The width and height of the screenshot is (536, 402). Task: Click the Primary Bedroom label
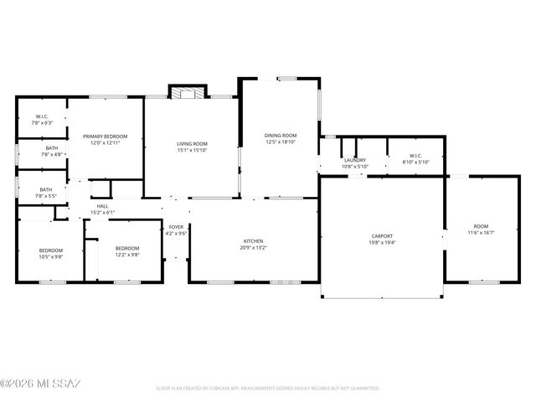pyautogui.click(x=105, y=136)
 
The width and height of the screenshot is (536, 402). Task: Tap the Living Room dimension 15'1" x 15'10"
pyautogui.click(x=192, y=151)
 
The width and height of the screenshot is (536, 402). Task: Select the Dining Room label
pyautogui.click(x=281, y=136)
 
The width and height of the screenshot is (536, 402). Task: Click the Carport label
pyautogui.click(x=382, y=236)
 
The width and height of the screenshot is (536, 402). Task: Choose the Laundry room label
pyautogui.click(x=354, y=160)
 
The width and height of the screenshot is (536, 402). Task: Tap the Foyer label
pyautogui.click(x=176, y=227)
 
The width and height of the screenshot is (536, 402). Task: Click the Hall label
pyautogui.click(x=102, y=206)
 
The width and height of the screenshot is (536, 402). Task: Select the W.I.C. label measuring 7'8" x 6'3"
pyautogui.click(x=42, y=116)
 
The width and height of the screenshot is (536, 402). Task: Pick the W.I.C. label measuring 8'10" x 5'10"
pyautogui.click(x=415, y=156)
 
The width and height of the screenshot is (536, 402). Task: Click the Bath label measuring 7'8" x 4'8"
pyautogui.click(x=46, y=148)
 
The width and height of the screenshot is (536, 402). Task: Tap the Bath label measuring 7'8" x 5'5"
pyautogui.click(x=45, y=190)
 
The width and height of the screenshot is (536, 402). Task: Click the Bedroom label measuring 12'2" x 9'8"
pyautogui.click(x=126, y=249)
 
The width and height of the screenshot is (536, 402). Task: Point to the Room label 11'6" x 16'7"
pyautogui.click(x=481, y=227)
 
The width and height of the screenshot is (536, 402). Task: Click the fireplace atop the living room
pyautogui.click(x=187, y=90)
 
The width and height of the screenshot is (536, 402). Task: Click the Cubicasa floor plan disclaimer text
pyautogui.click(x=268, y=389)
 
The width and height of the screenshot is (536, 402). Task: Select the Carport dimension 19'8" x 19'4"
pyautogui.click(x=382, y=244)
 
